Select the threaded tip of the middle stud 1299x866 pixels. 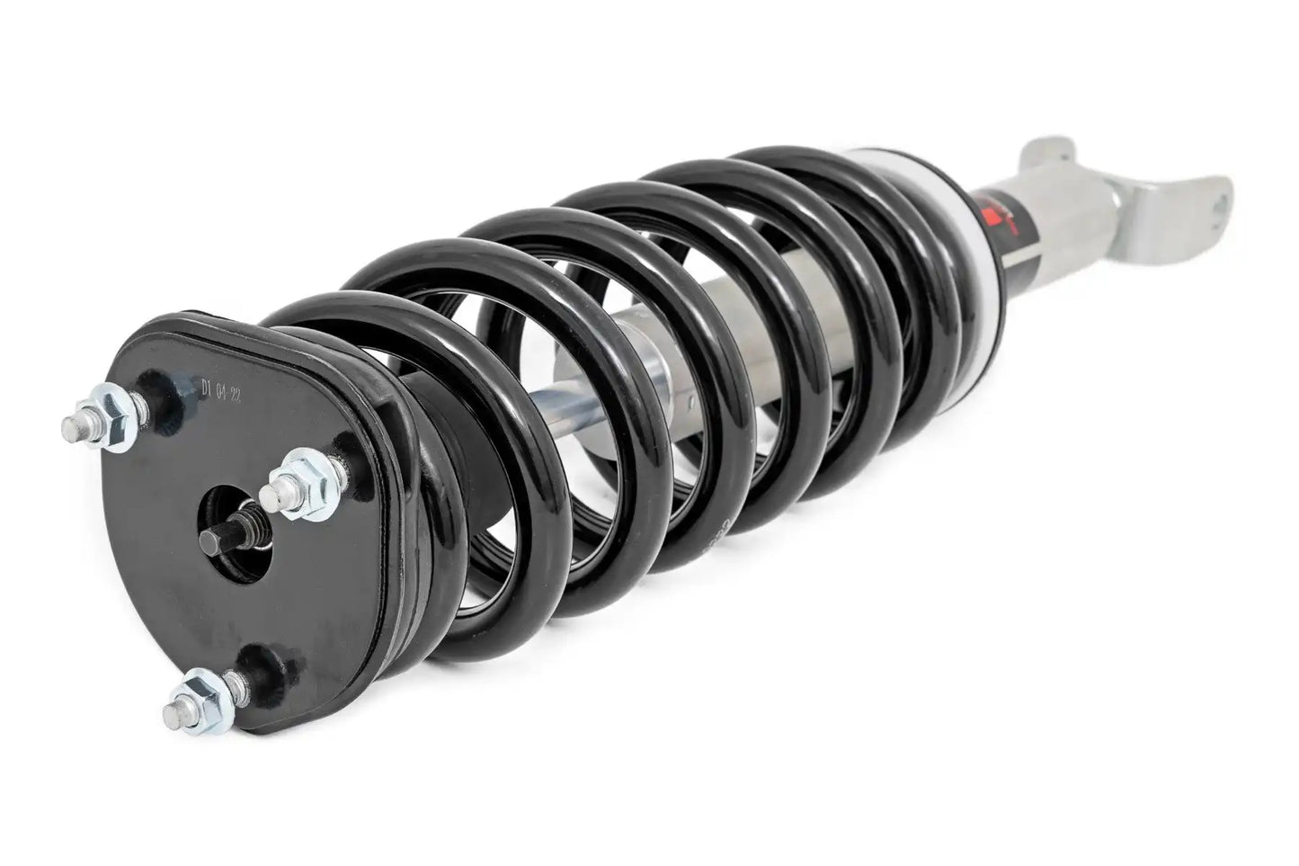pos(272,491)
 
